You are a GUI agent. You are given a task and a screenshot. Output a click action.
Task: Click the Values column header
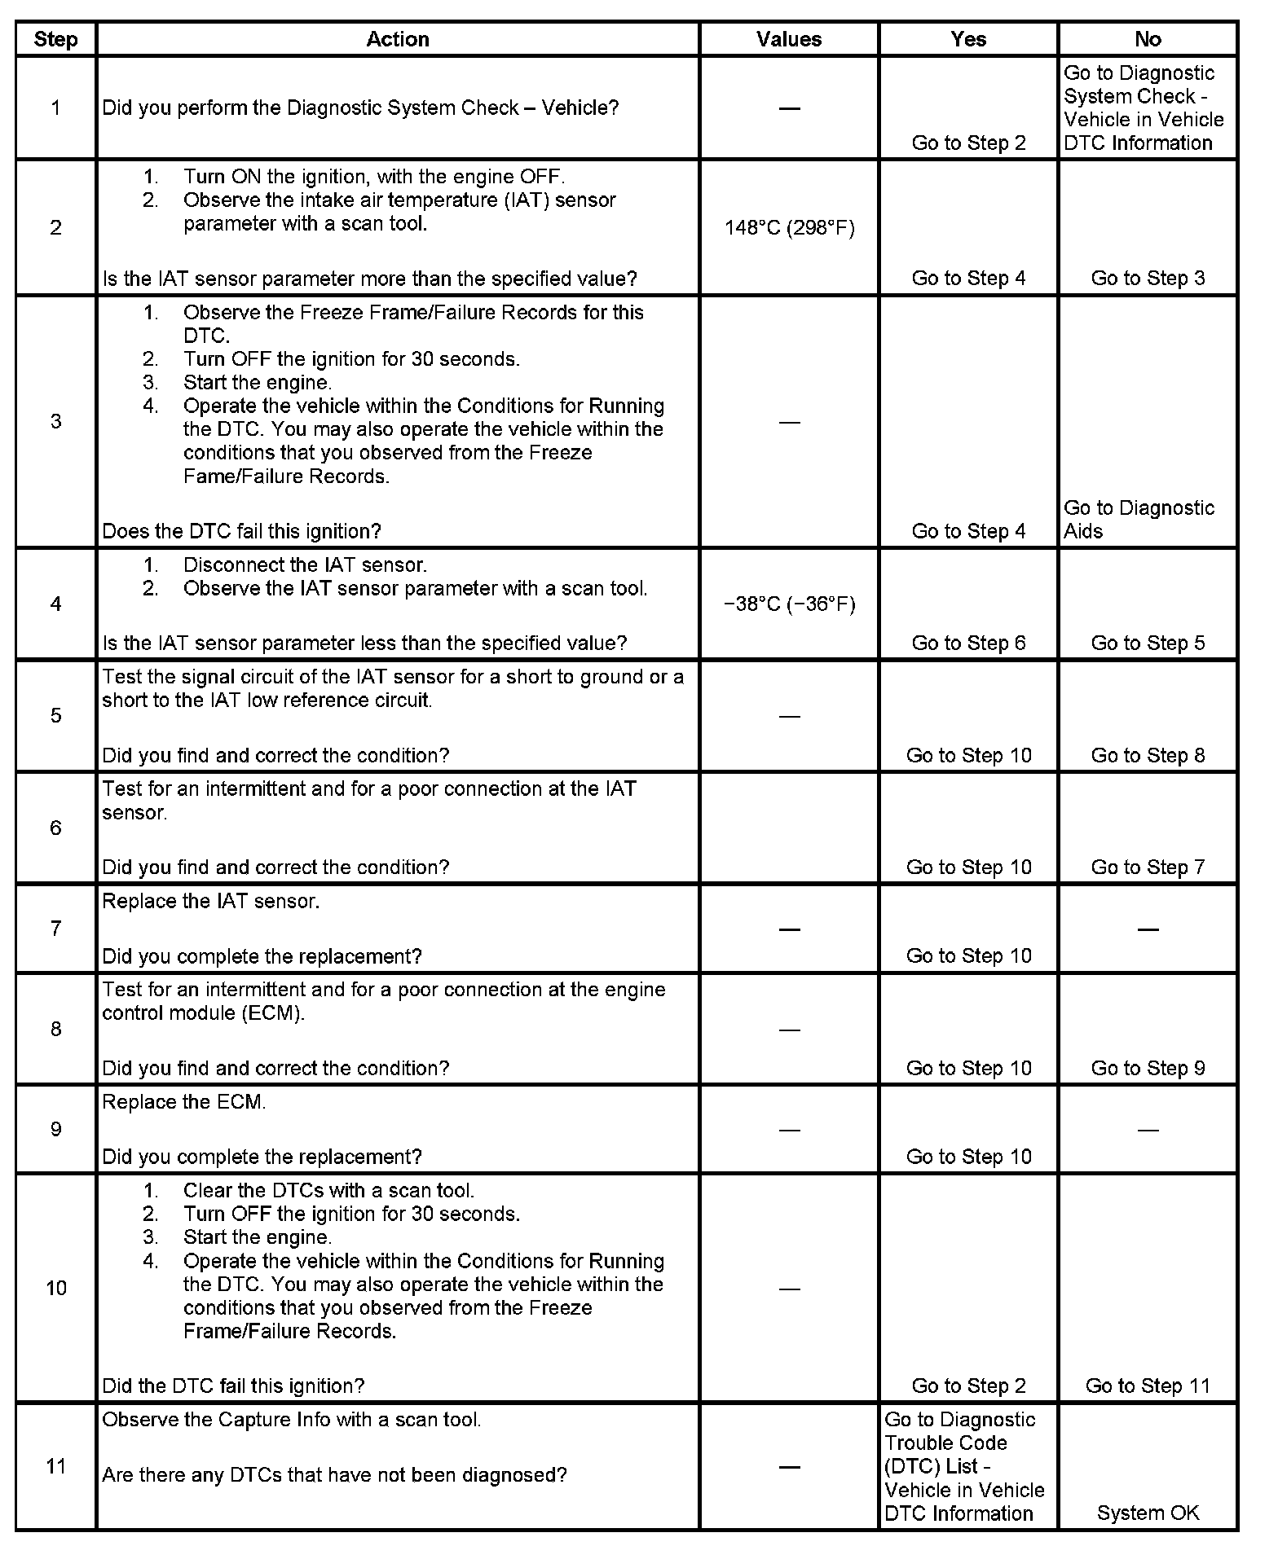[788, 39]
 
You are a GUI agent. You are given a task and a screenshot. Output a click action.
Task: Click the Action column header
[397, 39]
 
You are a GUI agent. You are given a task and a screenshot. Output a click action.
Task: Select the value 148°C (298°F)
[789, 228]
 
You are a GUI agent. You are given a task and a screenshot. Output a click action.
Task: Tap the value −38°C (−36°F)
[789, 604]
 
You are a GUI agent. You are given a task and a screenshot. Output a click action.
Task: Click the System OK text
[1148, 1513]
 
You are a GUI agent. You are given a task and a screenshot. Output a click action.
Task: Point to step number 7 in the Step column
[55, 929]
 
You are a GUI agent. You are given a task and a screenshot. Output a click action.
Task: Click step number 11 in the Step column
[55, 1466]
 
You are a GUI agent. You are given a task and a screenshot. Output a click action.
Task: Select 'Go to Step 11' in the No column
[1148, 1386]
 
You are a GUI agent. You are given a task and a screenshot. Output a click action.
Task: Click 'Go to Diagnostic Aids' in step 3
[1139, 520]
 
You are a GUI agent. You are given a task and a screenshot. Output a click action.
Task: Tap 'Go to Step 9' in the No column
[1148, 1068]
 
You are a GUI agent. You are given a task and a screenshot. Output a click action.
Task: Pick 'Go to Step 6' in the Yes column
[968, 643]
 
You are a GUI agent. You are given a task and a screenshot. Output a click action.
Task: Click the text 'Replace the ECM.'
[184, 1102]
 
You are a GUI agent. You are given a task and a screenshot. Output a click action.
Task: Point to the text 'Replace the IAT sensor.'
[210, 902]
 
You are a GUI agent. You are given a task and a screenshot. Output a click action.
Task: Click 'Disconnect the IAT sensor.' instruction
[305, 564]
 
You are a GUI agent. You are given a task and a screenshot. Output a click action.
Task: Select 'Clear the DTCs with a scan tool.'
[328, 1190]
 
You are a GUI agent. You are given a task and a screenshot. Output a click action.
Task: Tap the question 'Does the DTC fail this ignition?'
[241, 531]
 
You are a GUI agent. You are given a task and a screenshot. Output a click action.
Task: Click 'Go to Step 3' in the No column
[1148, 278]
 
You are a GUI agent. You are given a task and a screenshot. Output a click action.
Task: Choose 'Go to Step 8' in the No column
[1148, 755]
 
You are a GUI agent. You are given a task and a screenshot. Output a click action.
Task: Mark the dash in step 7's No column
[1148, 929]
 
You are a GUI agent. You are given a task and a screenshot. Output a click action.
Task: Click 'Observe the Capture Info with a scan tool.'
[291, 1420]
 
